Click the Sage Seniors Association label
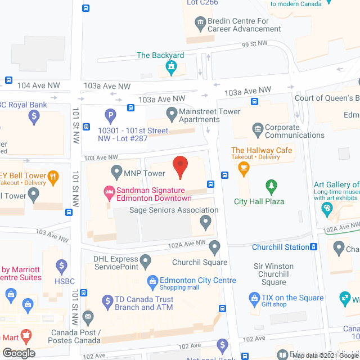174,210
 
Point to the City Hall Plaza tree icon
272,186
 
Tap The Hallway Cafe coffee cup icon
244,168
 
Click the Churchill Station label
281,247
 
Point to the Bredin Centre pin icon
200,24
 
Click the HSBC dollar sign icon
63,265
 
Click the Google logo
18,353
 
